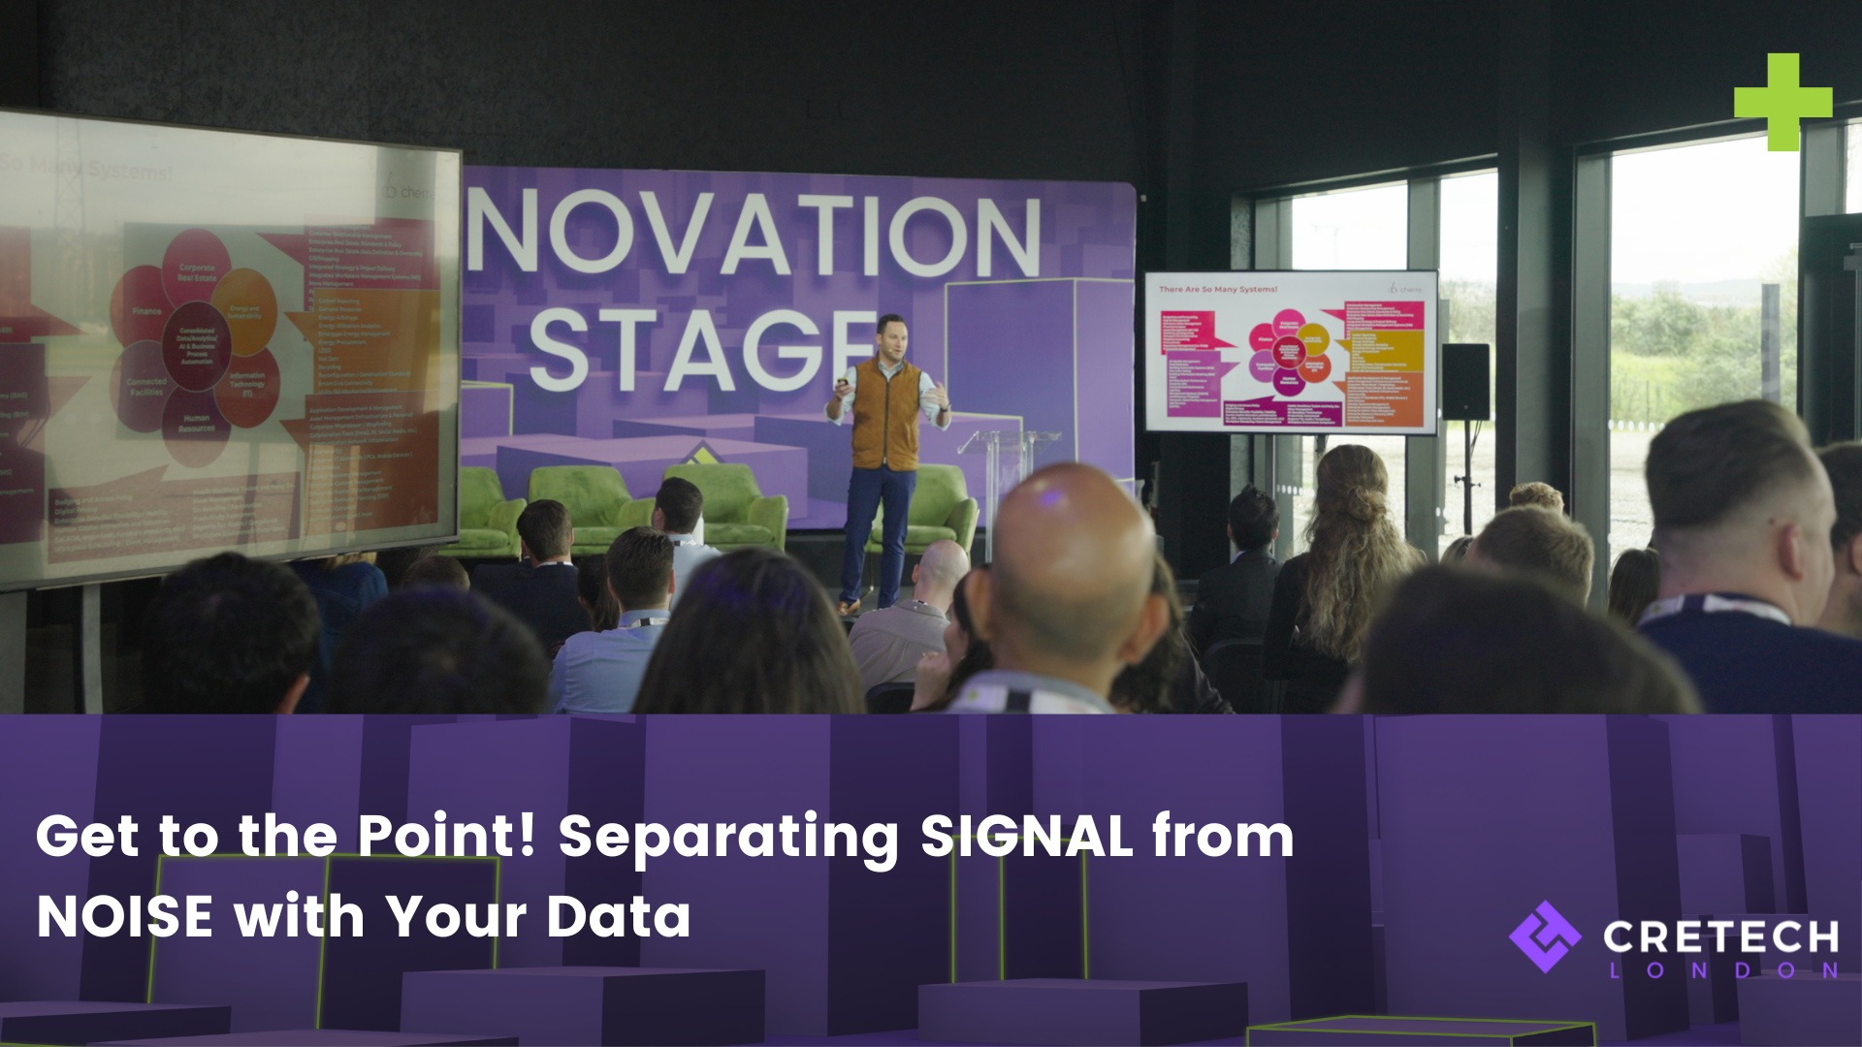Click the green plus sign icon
(x=1782, y=102)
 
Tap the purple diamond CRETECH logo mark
(x=1545, y=936)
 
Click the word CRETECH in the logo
(x=1720, y=936)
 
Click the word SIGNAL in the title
(x=1026, y=836)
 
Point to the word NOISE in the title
(x=124, y=916)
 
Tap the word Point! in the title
(x=446, y=836)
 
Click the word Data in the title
(x=618, y=916)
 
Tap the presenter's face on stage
(x=892, y=336)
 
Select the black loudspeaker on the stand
(x=1464, y=381)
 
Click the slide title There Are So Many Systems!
(x=1218, y=289)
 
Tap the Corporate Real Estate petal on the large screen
(x=197, y=270)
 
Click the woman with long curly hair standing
(x=1348, y=543)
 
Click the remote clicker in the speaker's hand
(x=842, y=384)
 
